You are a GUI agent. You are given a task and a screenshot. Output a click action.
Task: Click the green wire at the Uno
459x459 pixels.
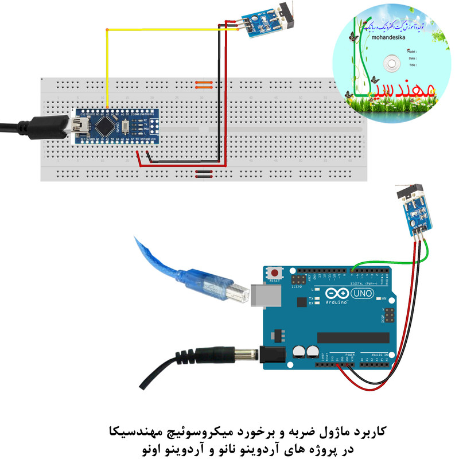(367, 263)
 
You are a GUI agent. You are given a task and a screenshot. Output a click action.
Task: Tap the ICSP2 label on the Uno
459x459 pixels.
(297, 289)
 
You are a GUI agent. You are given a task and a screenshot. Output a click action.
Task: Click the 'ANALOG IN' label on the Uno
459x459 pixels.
(378, 356)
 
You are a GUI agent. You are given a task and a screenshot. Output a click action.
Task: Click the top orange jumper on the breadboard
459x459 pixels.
(204, 83)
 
